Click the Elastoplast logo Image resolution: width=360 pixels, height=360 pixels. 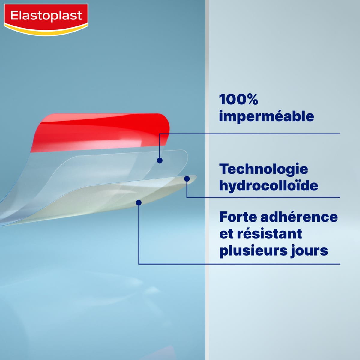point(46,16)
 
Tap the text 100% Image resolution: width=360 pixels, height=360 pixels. point(238,100)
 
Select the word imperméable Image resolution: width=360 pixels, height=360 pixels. point(266,116)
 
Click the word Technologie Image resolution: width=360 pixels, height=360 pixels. point(263,169)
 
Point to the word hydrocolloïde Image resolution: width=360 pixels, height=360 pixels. point(268,186)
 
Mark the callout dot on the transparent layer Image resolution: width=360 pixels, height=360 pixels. point(160,160)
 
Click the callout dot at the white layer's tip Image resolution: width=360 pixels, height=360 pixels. point(187,179)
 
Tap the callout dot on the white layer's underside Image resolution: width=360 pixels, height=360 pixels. point(139,203)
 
